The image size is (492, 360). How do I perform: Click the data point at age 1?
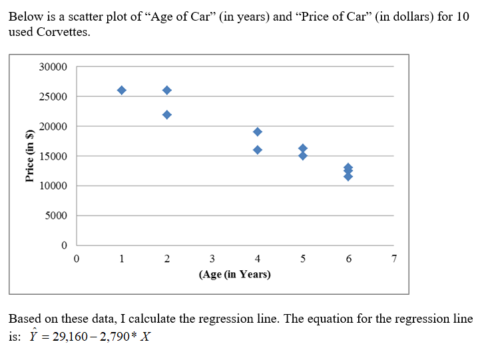pyautogui.click(x=122, y=90)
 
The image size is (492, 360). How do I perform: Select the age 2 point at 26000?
pyautogui.click(x=167, y=90)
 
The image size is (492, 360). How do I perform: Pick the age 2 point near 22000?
pyautogui.click(x=167, y=114)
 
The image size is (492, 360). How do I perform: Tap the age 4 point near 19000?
pyautogui.click(x=258, y=132)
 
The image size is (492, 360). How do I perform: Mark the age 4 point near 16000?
pyautogui.click(x=258, y=150)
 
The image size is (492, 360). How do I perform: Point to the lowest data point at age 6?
pyautogui.click(x=348, y=176)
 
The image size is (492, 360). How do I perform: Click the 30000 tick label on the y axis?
pyautogui.click(x=53, y=67)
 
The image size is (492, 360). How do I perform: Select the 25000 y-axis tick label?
pyautogui.click(x=53, y=97)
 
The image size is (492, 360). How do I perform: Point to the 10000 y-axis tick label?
pyautogui.click(x=53, y=186)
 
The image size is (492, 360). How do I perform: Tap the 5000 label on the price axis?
pyautogui.click(x=56, y=216)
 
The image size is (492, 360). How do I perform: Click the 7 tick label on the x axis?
pyautogui.click(x=393, y=259)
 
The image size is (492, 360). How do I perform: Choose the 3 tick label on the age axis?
pyautogui.click(x=212, y=259)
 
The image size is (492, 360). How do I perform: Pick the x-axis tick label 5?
pyautogui.click(x=303, y=259)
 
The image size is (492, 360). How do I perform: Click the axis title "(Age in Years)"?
pyautogui.click(x=234, y=274)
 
